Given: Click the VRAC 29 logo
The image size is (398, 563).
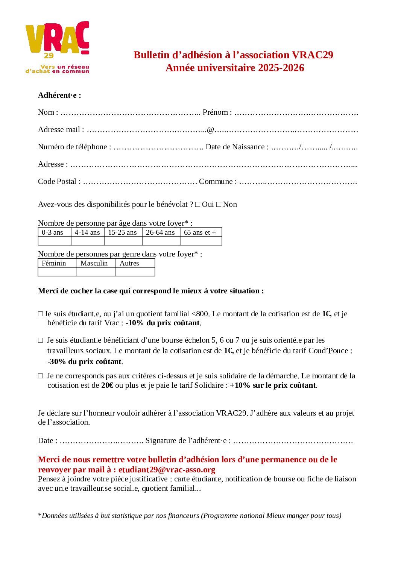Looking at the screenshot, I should [x=57, y=47].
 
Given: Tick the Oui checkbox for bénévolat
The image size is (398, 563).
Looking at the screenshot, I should [x=197, y=205].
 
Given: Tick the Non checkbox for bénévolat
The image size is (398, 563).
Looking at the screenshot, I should [x=219, y=205].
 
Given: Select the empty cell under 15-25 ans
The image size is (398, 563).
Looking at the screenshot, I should [x=123, y=241].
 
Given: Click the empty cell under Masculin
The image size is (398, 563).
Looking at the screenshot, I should [x=96, y=272].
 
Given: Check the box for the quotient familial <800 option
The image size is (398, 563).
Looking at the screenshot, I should [x=40, y=314].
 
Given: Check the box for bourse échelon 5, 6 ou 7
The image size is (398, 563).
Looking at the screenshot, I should [x=40, y=340].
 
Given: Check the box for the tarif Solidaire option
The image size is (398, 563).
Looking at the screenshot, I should [x=40, y=376].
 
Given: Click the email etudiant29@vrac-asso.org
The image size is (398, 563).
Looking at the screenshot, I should [x=167, y=469].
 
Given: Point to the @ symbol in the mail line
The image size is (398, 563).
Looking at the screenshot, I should [x=210, y=130].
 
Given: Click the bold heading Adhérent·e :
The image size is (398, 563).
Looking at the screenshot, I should [x=59, y=95].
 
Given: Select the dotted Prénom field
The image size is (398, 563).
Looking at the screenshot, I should [x=296, y=113].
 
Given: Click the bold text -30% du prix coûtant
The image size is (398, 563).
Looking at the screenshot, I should [x=85, y=361].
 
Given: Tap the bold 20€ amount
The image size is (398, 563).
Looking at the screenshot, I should [x=107, y=385].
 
